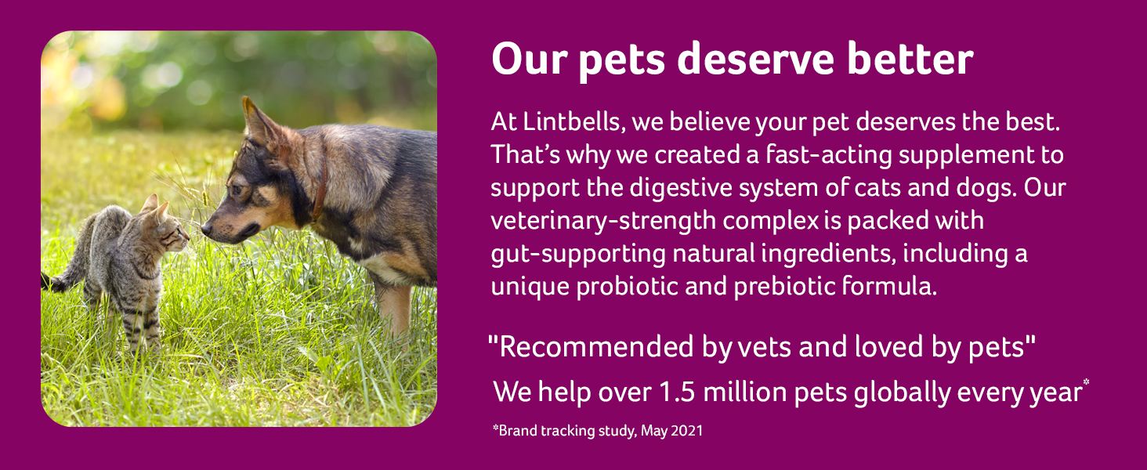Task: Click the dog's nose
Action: click(x=206, y=230)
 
